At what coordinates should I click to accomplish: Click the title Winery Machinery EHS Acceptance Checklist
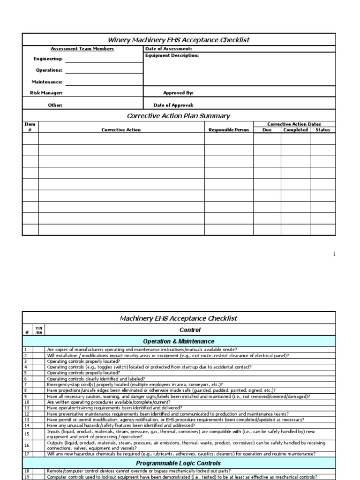179,40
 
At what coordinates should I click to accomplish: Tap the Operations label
49,70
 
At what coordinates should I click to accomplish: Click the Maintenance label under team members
47,82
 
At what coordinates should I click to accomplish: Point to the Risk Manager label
46,93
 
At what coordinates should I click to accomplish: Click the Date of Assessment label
168,49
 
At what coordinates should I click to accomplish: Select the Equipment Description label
172,56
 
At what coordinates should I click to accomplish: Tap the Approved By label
178,93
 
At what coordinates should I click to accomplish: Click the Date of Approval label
173,105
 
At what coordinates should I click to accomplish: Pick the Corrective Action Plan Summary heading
179,116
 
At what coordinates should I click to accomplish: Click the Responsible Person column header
228,130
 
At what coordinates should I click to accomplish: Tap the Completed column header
295,130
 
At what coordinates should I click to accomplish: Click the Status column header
322,130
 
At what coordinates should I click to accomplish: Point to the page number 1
334,254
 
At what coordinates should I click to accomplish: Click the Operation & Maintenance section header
179,341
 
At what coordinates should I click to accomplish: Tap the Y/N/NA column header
38,330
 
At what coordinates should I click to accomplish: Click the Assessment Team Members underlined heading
82,49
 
